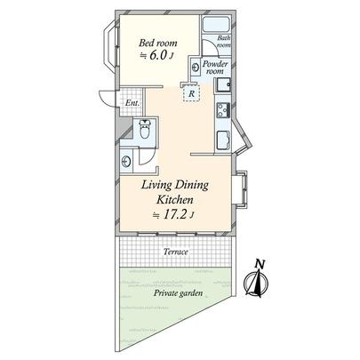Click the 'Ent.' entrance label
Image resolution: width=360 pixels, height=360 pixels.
click(131, 103)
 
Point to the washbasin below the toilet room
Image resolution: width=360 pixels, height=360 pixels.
click(129, 162)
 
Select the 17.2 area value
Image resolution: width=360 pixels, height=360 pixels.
click(172, 216)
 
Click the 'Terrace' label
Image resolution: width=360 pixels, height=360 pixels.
click(175, 252)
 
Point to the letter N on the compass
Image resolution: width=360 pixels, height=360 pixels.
click(259, 264)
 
